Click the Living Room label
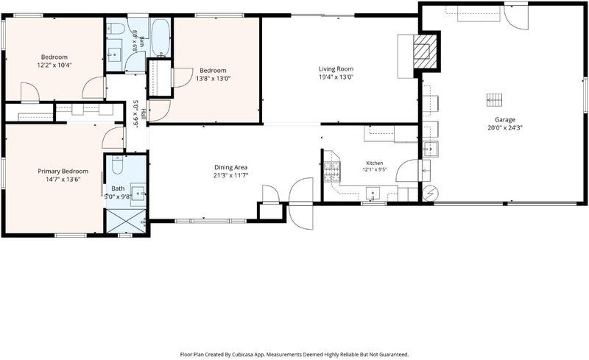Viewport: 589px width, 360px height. point(336,68)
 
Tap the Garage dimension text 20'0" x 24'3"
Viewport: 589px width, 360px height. point(504,127)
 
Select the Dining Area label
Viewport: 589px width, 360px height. point(231,167)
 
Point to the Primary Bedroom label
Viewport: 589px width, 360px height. point(63,172)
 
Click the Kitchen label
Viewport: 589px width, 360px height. point(375,163)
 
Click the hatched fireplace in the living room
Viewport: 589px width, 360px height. point(425,52)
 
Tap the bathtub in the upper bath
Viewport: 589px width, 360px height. point(161,38)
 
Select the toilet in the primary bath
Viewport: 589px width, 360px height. point(118,165)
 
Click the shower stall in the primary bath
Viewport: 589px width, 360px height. point(126,221)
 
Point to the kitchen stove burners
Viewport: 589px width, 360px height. point(332,172)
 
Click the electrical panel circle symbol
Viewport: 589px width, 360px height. point(428,194)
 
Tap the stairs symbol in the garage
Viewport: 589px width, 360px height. point(495,100)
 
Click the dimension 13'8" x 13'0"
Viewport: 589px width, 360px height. point(213,79)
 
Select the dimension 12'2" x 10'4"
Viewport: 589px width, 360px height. point(54,65)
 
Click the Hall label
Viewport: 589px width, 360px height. point(144,114)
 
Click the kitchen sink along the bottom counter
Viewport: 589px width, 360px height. point(373,194)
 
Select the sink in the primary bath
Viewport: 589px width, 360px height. point(138,194)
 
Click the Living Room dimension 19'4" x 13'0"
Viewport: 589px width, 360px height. point(336,77)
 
